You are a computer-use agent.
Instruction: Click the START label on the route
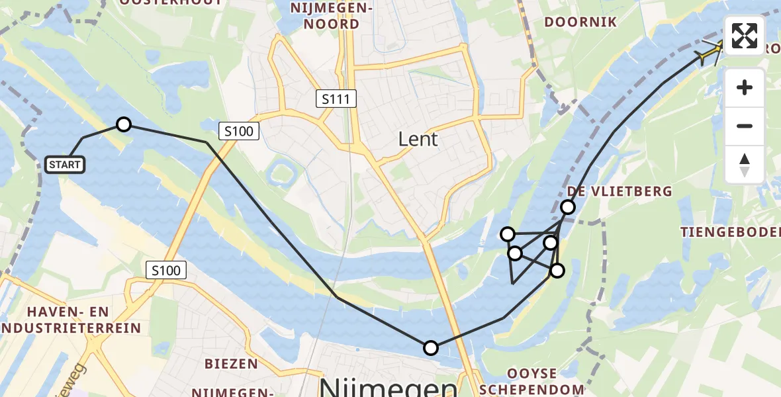(65, 164)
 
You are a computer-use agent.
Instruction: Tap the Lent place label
(418, 139)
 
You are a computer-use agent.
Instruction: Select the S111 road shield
(336, 99)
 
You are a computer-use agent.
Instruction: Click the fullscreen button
(745, 36)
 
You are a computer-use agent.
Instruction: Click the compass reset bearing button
(745, 164)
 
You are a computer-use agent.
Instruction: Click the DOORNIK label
(580, 22)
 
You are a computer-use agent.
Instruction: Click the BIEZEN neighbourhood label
(231, 363)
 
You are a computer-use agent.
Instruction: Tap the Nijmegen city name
(388, 388)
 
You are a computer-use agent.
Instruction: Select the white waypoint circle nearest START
(124, 124)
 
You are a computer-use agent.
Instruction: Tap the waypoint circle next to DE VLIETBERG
(568, 207)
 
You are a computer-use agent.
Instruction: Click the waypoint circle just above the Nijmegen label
(431, 347)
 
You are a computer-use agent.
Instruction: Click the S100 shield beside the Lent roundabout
(238, 131)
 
